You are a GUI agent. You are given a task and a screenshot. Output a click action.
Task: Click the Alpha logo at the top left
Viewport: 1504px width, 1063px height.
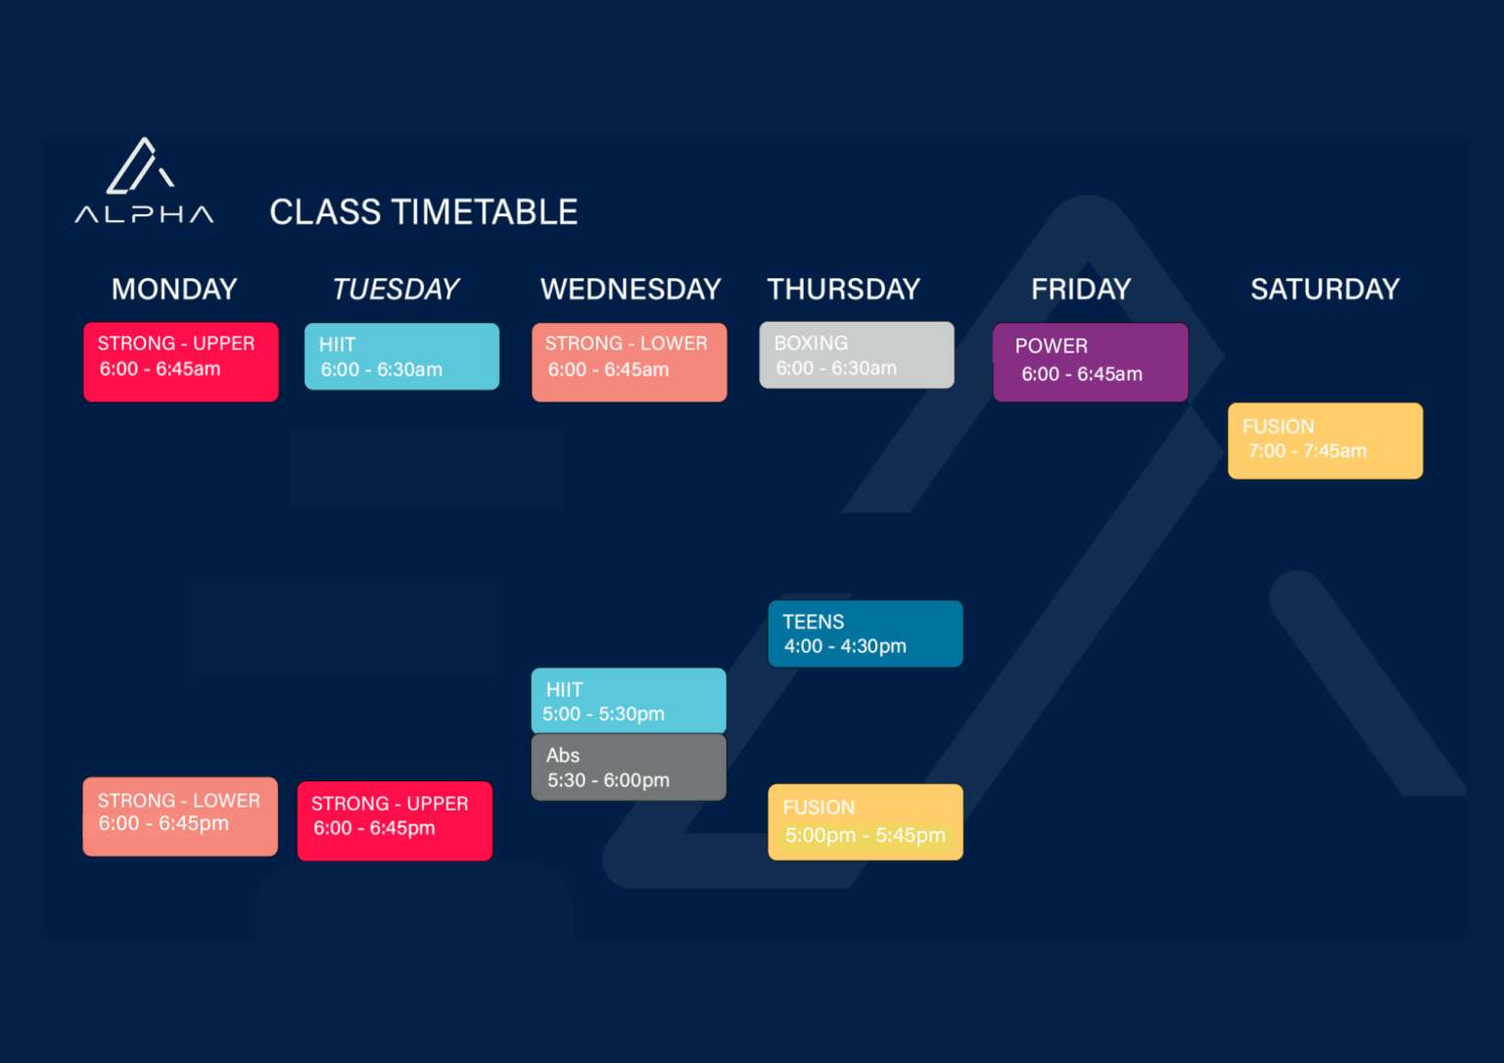[144, 180]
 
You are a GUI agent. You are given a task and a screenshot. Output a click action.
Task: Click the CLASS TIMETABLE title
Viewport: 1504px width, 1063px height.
[424, 212]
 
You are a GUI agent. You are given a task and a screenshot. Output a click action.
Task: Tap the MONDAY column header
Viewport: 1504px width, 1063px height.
[174, 289]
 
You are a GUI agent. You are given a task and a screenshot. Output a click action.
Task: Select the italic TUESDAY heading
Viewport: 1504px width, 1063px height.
[397, 289]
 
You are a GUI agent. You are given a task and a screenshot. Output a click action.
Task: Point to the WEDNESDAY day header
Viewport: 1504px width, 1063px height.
[631, 289]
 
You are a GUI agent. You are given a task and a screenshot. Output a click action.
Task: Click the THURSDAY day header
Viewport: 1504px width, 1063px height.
[843, 289]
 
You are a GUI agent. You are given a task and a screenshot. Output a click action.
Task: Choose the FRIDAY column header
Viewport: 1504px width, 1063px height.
[1081, 289]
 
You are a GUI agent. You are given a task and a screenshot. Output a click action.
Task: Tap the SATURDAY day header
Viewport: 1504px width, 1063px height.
[1325, 289]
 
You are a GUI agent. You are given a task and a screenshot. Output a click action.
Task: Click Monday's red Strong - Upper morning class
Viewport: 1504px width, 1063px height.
[181, 362]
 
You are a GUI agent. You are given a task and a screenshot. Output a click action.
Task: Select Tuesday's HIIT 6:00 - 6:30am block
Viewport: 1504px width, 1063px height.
[402, 356]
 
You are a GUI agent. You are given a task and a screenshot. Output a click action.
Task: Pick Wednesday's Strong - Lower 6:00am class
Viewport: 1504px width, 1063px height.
[630, 362]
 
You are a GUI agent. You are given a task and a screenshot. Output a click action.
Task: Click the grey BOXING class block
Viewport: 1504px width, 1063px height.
[857, 355]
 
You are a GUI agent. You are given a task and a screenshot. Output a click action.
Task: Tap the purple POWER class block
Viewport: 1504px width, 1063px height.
[1091, 362]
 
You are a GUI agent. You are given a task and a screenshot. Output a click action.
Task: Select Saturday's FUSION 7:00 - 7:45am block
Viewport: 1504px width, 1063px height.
[1326, 440]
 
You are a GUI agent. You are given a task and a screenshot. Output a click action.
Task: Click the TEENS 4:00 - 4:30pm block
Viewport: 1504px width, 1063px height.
[866, 633]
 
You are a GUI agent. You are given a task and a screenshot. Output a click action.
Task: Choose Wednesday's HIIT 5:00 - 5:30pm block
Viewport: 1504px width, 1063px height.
[629, 701]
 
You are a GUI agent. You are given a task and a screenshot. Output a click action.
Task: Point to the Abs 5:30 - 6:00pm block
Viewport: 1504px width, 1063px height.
[629, 767]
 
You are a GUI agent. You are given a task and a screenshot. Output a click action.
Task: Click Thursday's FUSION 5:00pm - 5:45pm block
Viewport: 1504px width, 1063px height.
[866, 822]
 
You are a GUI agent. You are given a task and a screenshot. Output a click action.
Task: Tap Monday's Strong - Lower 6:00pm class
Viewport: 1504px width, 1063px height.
[180, 816]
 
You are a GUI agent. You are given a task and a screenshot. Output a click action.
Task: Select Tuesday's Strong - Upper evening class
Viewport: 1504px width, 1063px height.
[395, 821]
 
